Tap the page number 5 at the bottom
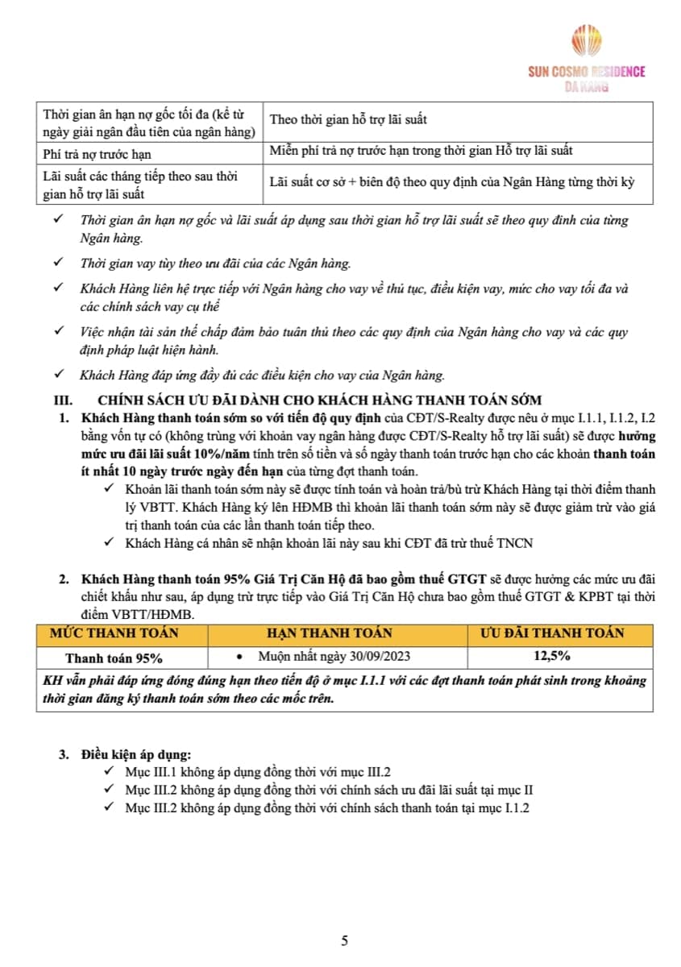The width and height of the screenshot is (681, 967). point(344,940)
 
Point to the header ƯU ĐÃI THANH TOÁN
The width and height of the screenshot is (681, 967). point(552,633)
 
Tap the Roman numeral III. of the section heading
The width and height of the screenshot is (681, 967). point(64,400)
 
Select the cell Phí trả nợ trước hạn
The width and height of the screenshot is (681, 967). point(97,153)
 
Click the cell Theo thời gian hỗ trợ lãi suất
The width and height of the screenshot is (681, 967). point(348,119)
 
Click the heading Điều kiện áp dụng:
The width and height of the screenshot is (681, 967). point(136,755)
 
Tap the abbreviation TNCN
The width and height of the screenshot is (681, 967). point(516,543)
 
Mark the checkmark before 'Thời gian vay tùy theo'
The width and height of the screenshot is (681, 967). point(58,264)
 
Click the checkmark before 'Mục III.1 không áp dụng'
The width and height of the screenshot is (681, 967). point(110,771)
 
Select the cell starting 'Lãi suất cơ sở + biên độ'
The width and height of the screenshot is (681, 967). point(452,181)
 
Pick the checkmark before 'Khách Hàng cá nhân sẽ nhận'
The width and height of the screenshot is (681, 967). point(110,543)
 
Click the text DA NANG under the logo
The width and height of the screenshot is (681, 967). point(586,86)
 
